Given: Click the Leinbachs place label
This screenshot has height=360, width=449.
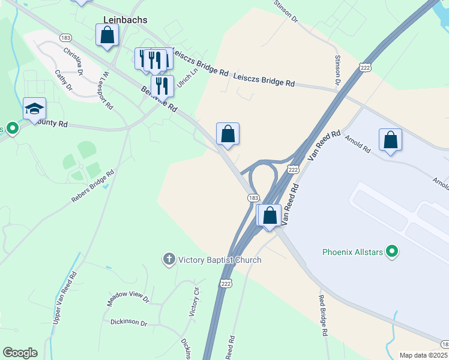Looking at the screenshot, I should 125,19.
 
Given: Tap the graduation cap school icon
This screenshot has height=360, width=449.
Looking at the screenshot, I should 34,109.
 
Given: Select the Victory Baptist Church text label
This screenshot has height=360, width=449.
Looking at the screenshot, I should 220,260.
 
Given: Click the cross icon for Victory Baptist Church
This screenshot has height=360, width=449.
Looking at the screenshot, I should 169,259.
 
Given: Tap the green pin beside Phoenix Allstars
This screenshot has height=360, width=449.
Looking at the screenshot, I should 393,251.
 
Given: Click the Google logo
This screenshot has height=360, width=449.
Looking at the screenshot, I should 20,353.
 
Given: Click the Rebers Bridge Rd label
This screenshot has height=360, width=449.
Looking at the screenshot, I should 93,187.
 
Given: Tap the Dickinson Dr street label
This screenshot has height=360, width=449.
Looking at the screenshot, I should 128,322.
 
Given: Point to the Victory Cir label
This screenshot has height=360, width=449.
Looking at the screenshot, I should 194,302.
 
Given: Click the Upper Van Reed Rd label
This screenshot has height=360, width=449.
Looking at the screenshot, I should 64,297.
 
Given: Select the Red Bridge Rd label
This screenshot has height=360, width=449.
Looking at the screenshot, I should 323,316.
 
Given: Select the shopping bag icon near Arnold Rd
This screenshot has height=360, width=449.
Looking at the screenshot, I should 390,140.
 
